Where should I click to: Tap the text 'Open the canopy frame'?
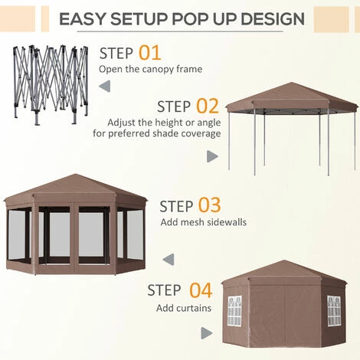click(152, 69)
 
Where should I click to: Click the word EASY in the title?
click(87, 18)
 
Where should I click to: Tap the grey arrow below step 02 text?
click(212, 156)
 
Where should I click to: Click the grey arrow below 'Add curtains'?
click(206, 332)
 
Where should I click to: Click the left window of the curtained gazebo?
click(234, 311)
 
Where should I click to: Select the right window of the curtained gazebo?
click(334, 311)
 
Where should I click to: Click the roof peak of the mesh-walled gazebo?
click(73, 176)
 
